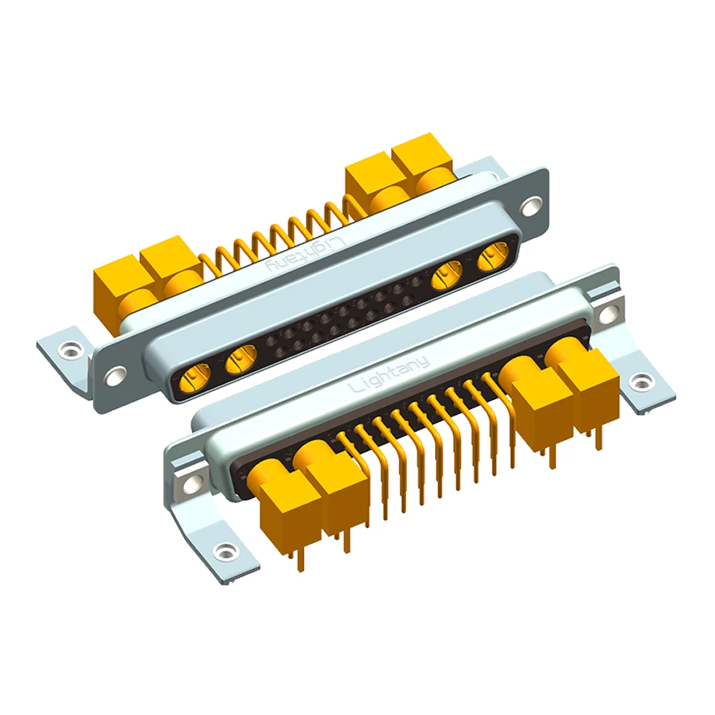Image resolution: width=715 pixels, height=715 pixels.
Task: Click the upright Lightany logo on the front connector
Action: tap(389, 375)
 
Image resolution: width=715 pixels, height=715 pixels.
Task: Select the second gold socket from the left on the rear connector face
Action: tap(241, 358)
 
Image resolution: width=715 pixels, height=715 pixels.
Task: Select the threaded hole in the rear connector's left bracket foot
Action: tap(69, 350)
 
